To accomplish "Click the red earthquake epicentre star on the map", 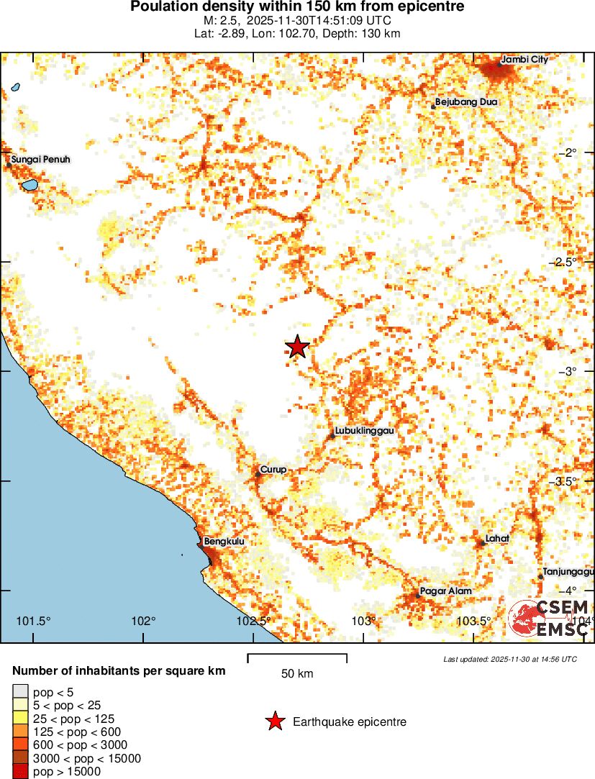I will click(x=297, y=347).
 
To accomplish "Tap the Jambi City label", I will click(x=524, y=59).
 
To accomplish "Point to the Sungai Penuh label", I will click(x=41, y=159).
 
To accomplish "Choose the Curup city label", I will click(x=273, y=470).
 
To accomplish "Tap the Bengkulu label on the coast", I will click(x=224, y=542).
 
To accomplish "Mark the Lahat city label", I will click(x=497, y=538).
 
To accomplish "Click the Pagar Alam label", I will click(x=446, y=591).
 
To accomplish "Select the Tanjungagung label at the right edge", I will click(x=568, y=572).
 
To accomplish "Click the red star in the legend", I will click(x=274, y=721).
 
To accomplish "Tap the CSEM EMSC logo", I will click(x=550, y=618).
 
